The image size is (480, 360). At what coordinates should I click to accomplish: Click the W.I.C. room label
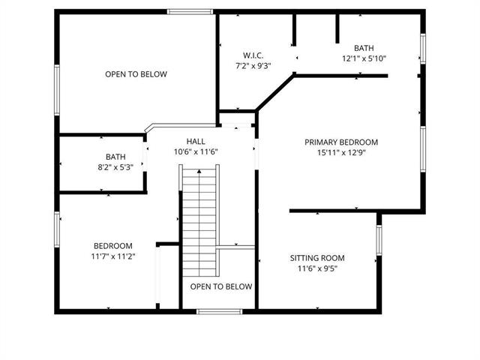[x=252, y=55]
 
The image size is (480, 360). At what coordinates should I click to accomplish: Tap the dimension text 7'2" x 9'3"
[x=252, y=66]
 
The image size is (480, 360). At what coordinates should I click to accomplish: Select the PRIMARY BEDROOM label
[x=340, y=142]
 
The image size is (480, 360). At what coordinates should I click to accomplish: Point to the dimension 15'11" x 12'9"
[x=340, y=152]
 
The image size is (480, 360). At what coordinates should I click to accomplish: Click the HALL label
[x=196, y=142]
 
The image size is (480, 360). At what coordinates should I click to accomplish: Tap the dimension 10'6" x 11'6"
[x=196, y=152]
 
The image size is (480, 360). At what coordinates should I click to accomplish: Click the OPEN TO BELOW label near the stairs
[x=220, y=286]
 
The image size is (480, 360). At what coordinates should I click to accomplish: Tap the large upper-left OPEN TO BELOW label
[x=136, y=74]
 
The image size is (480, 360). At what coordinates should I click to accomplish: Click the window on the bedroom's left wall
[x=56, y=230]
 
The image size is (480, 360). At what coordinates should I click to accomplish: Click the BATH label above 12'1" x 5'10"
[x=364, y=47]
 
